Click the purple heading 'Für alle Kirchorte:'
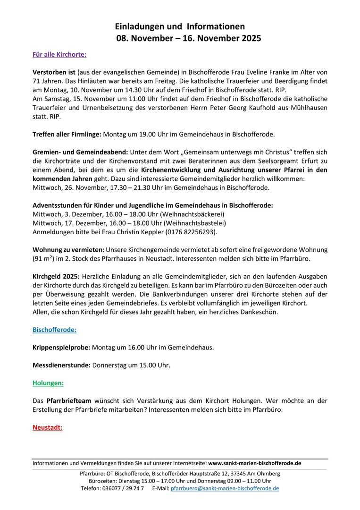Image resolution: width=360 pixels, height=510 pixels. (59, 54)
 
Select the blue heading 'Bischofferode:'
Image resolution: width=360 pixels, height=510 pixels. (54, 329)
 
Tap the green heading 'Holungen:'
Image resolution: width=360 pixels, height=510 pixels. (48, 383)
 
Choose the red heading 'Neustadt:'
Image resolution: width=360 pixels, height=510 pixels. (47, 428)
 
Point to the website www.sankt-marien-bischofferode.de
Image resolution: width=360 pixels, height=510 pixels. (255, 463)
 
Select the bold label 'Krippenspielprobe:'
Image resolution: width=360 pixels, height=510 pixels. (61, 347)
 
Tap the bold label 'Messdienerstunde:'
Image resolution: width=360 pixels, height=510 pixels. (61, 365)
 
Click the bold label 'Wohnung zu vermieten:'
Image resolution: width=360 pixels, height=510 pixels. (68, 249)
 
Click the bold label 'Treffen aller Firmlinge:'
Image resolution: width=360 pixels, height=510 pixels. (67, 135)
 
